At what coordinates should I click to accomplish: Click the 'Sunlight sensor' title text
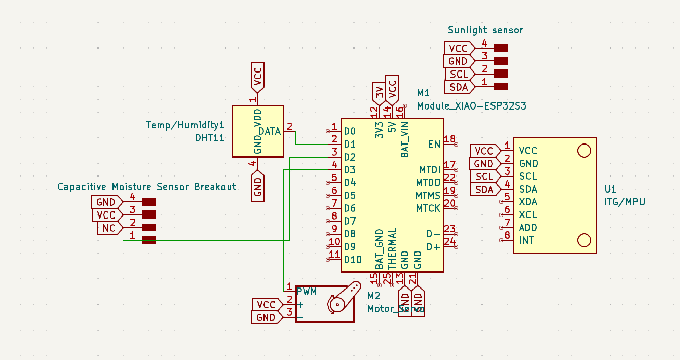[x=485, y=30]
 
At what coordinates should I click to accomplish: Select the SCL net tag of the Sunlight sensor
[x=459, y=74]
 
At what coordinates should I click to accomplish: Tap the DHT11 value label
[x=210, y=137]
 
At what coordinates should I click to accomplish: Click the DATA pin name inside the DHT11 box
[x=270, y=131]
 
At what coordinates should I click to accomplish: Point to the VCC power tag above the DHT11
[x=257, y=77]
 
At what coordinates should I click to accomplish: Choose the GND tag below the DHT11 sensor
[x=257, y=186]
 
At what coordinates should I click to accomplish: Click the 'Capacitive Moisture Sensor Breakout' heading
[x=146, y=187]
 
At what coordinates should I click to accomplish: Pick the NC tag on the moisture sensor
[x=109, y=228]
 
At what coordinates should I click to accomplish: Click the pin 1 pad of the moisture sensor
[x=148, y=240]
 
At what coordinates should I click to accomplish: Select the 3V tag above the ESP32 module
[x=379, y=93]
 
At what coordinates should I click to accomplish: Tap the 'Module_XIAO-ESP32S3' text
[x=471, y=106]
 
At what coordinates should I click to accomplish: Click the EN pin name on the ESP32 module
[x=434, y=144]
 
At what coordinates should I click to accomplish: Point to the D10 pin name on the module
[x=353, y=260]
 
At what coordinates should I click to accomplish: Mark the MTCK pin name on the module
[x=428, y=208]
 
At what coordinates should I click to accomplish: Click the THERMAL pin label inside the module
[x=392, y=248]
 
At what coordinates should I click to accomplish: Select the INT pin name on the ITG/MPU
[x=526, y=240]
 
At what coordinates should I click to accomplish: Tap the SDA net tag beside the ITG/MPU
[x=484, y=190]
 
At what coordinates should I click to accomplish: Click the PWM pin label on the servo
[x=307, y=292]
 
